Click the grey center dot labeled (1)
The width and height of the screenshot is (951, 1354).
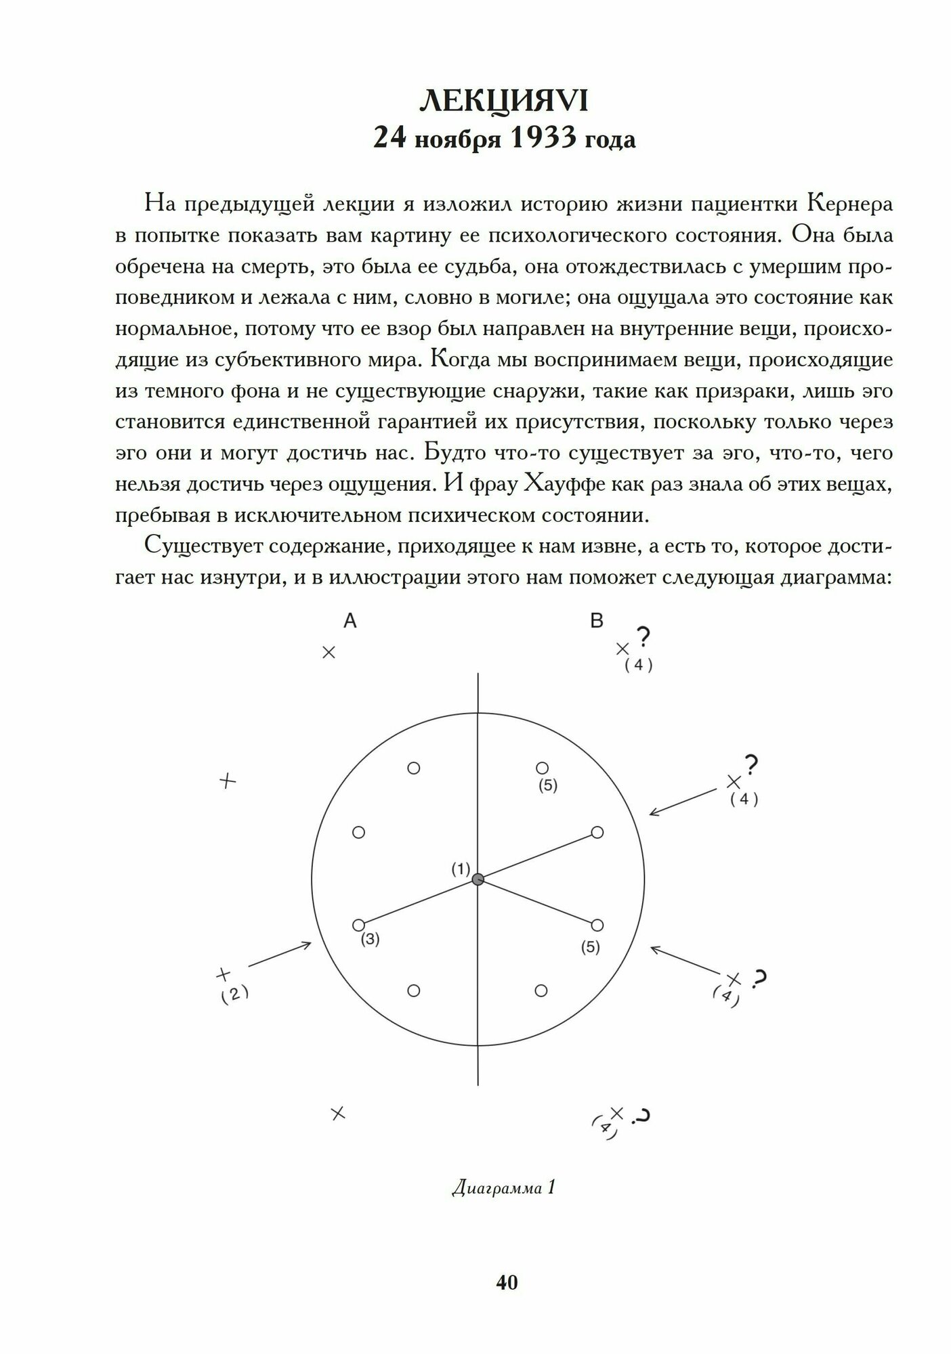pos(478,879)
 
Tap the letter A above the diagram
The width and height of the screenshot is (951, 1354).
pos(350,621)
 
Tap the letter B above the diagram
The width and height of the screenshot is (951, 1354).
pos(596,621)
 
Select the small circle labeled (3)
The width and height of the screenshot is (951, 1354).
pos(359,925)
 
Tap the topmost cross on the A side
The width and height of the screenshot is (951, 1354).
pos(329,653)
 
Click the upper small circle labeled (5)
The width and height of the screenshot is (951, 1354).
pos(542,768)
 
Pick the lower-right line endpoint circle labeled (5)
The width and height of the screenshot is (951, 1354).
pos(597,925)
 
